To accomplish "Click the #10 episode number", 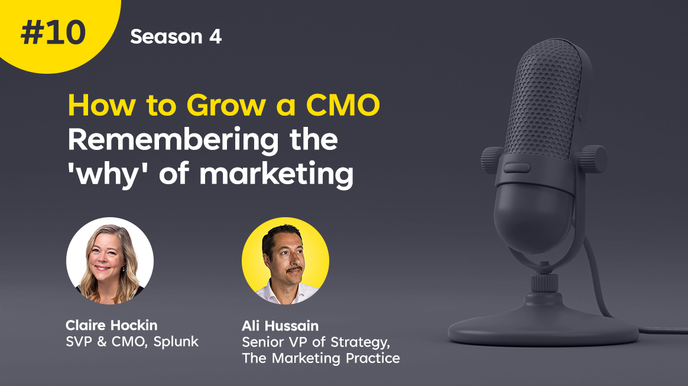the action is click(x=53, y=33).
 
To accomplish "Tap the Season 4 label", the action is click(x=176, y=37).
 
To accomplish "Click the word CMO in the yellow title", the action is click(x=343, y=106).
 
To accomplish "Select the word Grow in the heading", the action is click(x=226, y=106).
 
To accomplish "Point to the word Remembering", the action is click(x=173, y=140).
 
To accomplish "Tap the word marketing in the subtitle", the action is click(x=277, y=174).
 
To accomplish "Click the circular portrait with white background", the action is click(x=110, y=261).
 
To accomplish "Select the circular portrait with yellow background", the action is click(x=285, y=261).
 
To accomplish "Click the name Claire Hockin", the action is click(x=112, y=325).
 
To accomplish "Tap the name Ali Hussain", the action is click(x=280, y=326).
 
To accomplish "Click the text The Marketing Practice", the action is click(x=321, y=358).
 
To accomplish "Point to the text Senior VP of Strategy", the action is click(x=316, y=342).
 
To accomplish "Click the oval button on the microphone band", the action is click(x=517, y=168).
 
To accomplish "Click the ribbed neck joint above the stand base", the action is click(x=544, y=283).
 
